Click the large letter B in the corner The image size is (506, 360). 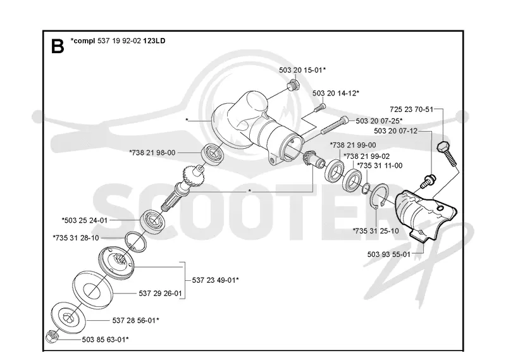(58, 46)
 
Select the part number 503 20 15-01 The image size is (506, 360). (302, 70)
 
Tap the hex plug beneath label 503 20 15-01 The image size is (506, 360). (293, 86)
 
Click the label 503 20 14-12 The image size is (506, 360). (336, 93)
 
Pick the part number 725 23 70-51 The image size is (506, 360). (412, 109)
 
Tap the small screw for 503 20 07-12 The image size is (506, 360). (428, 181)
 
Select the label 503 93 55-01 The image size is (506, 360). (389, 254)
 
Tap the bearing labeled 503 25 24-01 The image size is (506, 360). (153, 221)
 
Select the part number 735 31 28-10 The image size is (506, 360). (76, 238)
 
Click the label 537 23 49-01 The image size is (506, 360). (215, 280)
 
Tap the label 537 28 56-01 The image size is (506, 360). (135, 321)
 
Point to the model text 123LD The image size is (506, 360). (154, 40)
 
